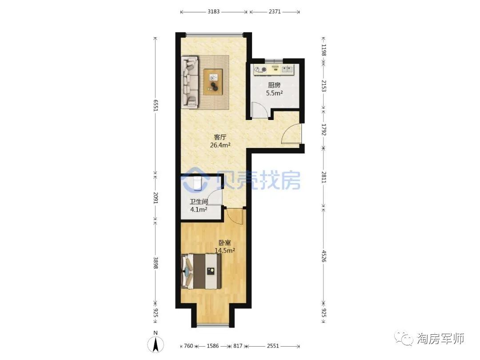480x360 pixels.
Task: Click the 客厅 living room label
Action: (220, 137)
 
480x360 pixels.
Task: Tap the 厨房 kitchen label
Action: (274, 85)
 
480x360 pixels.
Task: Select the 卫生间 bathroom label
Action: (199, 202)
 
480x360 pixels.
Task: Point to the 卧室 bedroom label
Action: (225, 243)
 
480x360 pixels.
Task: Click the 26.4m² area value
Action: (220, 145)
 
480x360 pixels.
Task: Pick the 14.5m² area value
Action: (225, 251)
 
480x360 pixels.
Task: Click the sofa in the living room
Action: (190, 82)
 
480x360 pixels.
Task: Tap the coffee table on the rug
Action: (213, 81)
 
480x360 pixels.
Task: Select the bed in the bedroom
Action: (201, 271)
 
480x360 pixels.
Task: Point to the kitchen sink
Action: (287, 69)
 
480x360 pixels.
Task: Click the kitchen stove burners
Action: (260, 70)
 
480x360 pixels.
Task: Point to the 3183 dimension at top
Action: (214, 12)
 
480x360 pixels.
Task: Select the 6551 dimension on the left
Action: (156, 105)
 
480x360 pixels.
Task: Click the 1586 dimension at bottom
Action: (213, 346)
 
